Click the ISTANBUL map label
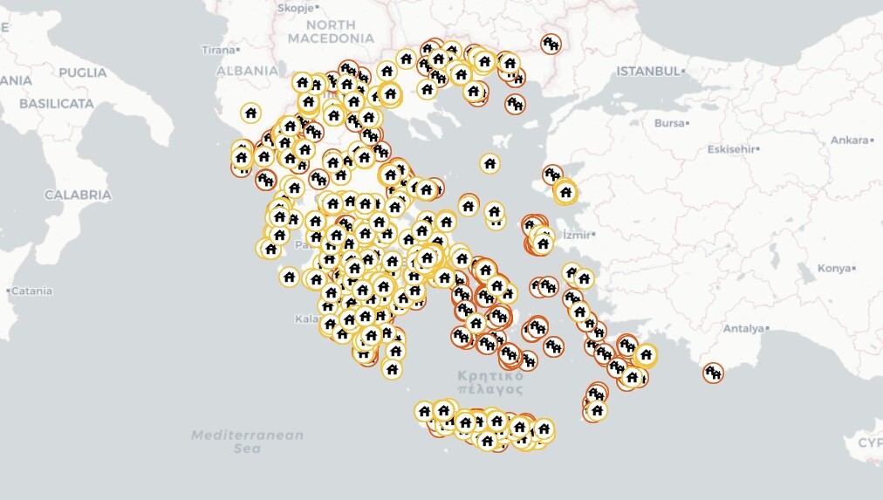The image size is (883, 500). point(647,71)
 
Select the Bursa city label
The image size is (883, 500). point(670,123)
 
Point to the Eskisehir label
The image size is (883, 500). point(731,149)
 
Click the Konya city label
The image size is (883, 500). point(834,268)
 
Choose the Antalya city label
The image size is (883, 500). point(743,329)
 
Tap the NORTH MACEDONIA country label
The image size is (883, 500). point(331,31)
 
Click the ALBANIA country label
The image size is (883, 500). point(247,71)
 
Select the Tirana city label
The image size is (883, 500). point(218,50)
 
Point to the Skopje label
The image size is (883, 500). point(294,8)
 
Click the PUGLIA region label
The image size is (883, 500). point(83,72)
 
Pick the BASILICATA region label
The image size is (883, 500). point(56,103)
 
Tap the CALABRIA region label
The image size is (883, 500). point(78,195)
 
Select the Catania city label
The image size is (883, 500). point(31,291)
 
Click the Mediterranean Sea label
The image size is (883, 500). point(248,442)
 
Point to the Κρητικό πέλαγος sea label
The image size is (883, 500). point(490,382)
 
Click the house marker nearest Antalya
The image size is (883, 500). point(713,373)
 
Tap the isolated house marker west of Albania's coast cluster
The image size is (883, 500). point(250,113)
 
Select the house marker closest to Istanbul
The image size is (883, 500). point(550,43)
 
